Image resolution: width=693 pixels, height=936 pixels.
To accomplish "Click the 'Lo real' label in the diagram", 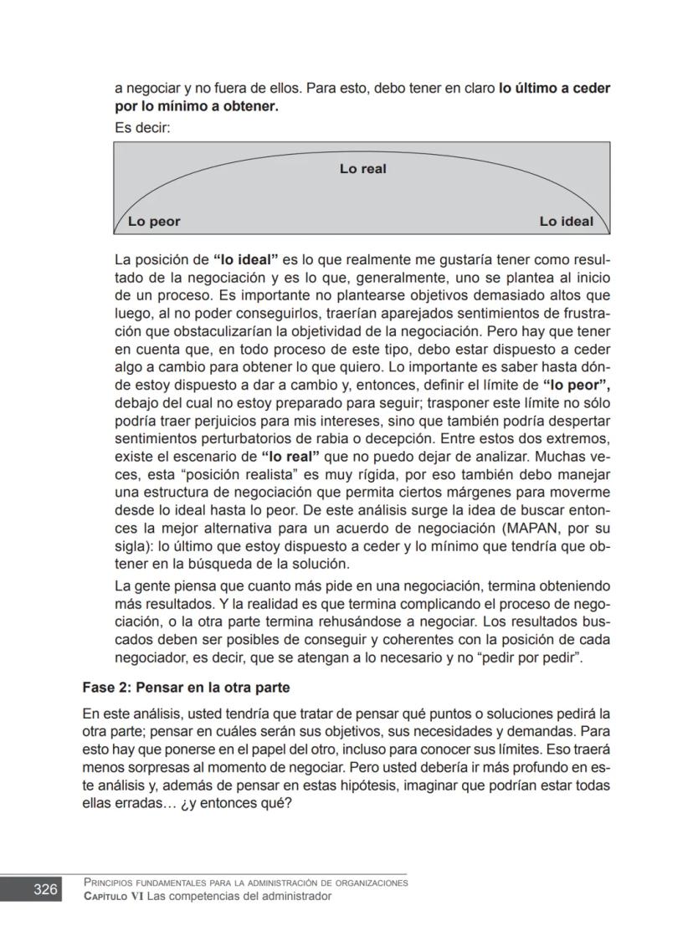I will click(x=362, y=169).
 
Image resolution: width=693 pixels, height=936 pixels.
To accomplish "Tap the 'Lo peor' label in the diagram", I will click(x=154, y=222).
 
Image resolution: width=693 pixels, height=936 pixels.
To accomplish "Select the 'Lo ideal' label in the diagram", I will click(x=566, y=222).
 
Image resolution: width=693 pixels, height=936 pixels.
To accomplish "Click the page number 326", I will click(x=45, y=889).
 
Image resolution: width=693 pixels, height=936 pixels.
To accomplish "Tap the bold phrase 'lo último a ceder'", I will click(x=554, y=88).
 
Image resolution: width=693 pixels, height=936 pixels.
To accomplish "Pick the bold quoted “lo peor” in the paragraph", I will click(x=576, y=386).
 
